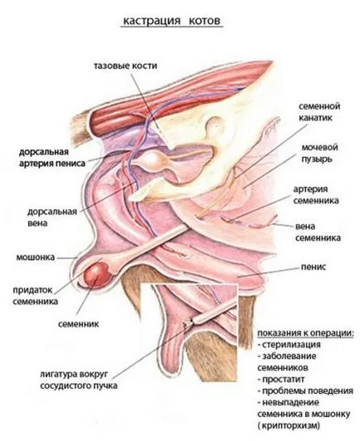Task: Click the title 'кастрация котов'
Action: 172,21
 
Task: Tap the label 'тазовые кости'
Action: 125,66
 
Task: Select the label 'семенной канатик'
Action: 319,112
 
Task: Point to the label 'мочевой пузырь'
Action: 319,153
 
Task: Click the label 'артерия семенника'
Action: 316,195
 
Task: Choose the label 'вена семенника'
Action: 318,232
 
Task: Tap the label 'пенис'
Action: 314,267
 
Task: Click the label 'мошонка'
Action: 36,257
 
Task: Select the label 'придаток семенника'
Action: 36,296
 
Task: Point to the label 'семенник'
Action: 79,324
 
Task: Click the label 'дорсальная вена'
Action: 52,217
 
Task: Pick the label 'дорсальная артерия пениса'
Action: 52,158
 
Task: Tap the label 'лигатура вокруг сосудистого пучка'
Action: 79,380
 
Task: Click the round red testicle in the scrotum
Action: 96,275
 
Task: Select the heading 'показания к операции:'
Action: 305,333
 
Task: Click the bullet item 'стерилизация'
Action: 289,344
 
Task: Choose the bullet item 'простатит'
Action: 280,379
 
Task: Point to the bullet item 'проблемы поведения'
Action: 305,391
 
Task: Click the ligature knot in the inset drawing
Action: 187,325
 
